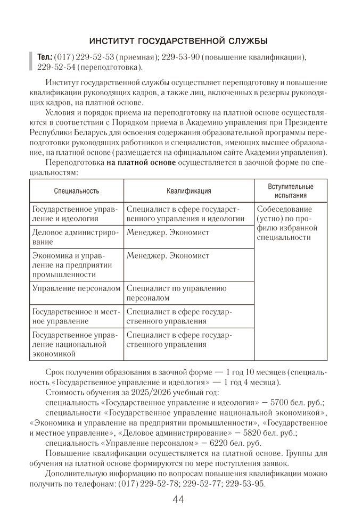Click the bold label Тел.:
coord(45,57)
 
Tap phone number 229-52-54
coord(56,68)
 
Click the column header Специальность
coord(77,191)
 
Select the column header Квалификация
coord(188,191)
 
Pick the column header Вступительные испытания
coord(290,191)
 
